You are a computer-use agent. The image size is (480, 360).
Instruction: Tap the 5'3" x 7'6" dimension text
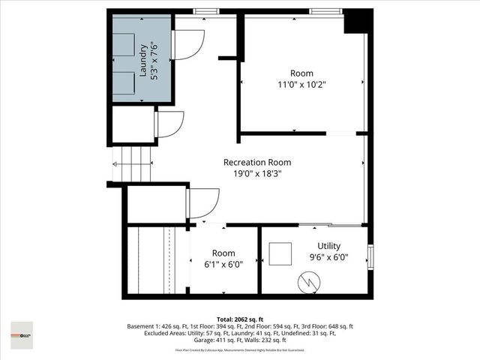click(x=154, y=60)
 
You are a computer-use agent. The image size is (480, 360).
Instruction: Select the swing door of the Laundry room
click(x=188, y=45)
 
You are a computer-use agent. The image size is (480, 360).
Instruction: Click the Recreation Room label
click(x=256, y=162)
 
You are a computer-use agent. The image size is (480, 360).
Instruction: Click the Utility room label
click(x=328, y=246)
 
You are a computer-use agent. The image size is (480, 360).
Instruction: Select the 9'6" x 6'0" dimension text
click(x=328, y=257)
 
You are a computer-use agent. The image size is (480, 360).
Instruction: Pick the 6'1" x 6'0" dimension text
click(x=223, y=264)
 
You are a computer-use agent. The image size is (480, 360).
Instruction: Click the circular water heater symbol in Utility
click(x=309, y=283)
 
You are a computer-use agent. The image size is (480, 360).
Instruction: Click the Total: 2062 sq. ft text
click(x=239, y=318)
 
